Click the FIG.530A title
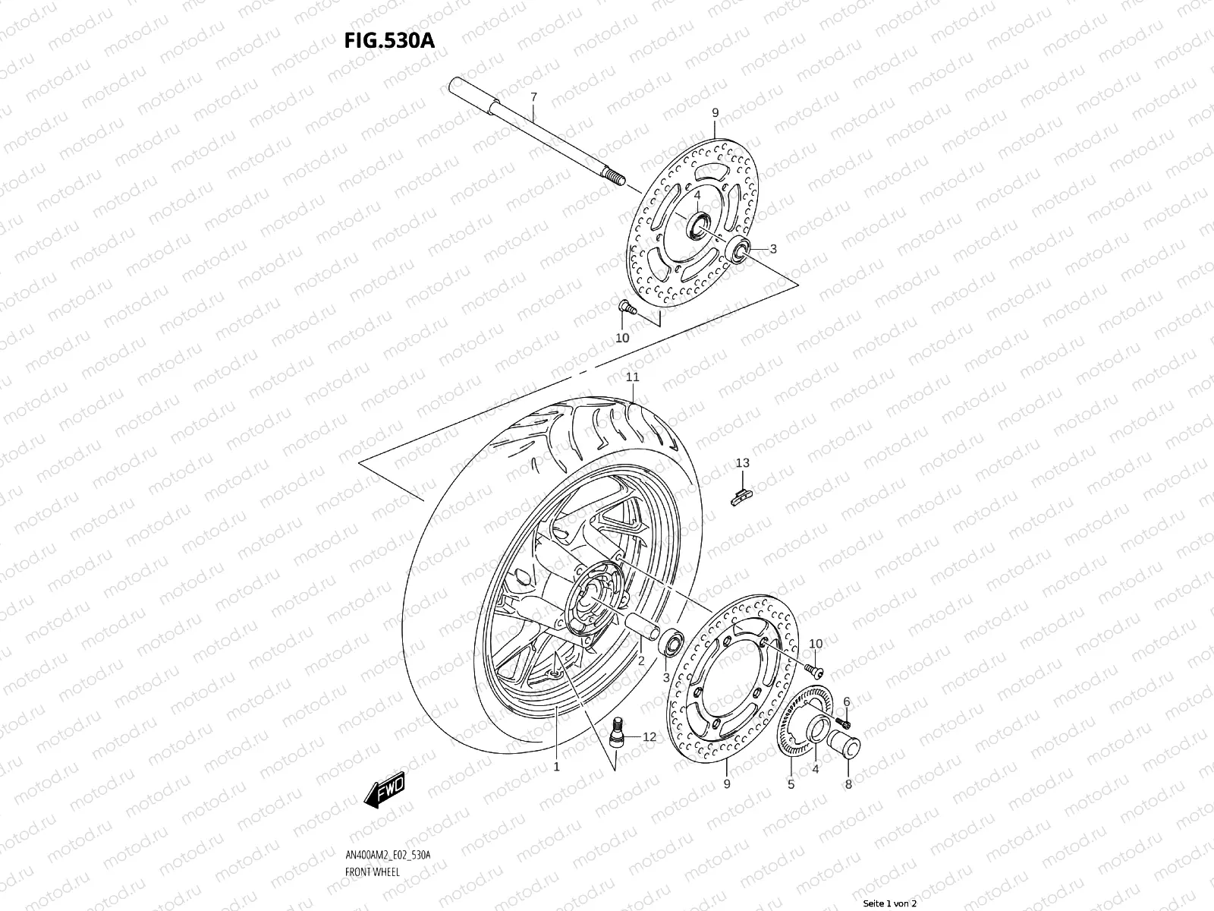point(390,40)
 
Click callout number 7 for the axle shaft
point(533,97)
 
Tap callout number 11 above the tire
point(632,377)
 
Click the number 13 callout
point(742,463)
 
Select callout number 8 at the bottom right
point(848,784)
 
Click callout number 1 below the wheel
point(556,767)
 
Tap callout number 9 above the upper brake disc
point(715,113)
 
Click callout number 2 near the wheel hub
point(640,661)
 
